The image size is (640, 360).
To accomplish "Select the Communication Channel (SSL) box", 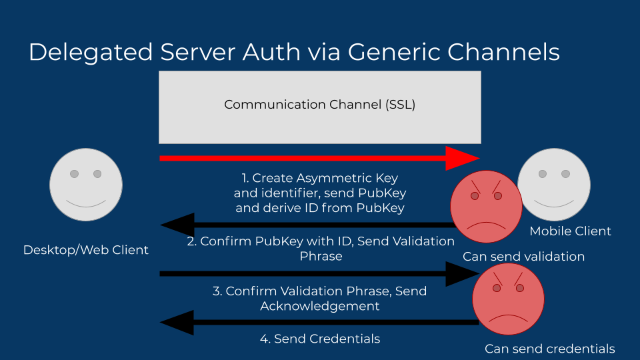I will (x=319, y=107).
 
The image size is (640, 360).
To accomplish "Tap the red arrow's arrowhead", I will (x=461, y=158).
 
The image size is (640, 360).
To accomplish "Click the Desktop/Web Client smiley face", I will (x=86, y=185).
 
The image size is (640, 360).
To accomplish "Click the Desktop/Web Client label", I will (x=86, y=250).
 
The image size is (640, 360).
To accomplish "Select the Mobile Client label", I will (x=570, y=231).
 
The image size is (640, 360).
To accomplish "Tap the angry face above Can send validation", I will (x=487, y=207).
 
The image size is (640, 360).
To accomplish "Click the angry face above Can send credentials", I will (x=508, y=299).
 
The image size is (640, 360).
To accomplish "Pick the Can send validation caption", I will (x=523, y=257).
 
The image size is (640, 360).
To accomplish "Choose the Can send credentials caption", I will (x=549, y=349).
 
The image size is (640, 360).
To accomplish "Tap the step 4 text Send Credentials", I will (x=319, y=339).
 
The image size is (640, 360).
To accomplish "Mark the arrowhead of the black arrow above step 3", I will (x=461, y=273).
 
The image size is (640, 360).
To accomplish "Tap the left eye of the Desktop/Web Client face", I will (x=74, y=174).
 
